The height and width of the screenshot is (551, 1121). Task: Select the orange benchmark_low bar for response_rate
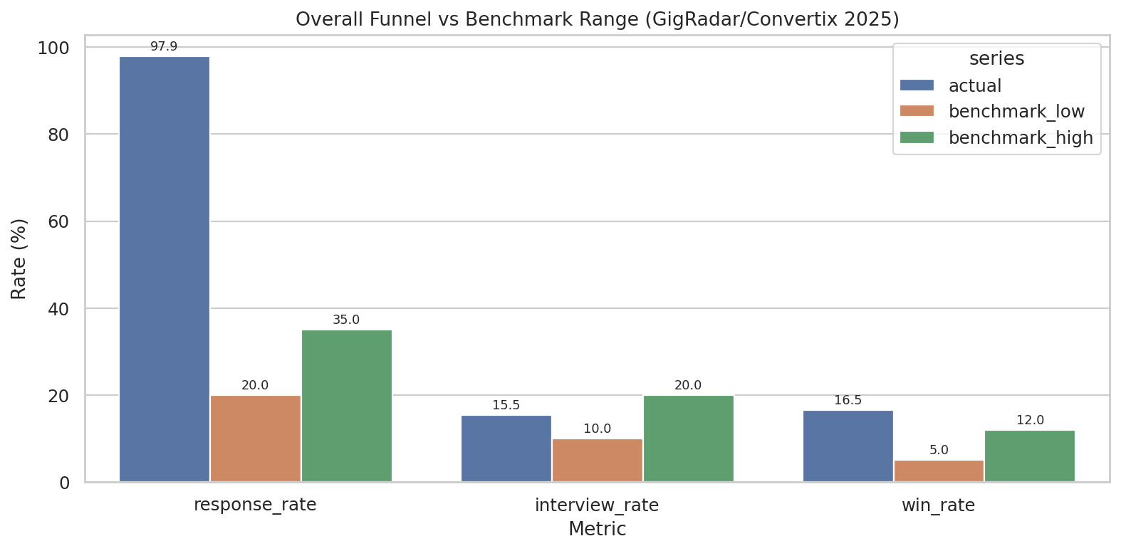256,439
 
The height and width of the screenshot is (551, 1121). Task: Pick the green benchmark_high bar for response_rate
347,406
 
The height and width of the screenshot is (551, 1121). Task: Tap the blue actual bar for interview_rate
506,448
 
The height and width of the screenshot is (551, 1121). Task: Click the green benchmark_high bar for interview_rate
689,439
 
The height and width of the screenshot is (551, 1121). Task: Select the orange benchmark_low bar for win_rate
939,471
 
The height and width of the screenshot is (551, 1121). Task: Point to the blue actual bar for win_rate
848,446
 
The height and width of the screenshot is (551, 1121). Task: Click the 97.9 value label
164,47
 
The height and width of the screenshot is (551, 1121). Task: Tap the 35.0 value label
346,320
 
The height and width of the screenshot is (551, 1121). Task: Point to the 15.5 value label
506,406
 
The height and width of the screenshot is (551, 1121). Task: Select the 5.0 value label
939,451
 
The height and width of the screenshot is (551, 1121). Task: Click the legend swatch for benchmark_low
917,112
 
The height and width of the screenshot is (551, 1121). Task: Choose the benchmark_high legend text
1021,138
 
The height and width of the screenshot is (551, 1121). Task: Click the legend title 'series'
996,59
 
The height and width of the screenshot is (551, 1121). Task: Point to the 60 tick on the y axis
60,222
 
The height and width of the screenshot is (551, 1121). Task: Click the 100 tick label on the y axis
54,48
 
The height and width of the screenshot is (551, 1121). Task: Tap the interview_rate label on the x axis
597,505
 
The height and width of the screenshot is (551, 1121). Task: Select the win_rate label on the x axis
938,505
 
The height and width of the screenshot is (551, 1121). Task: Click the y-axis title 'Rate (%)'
19,258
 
